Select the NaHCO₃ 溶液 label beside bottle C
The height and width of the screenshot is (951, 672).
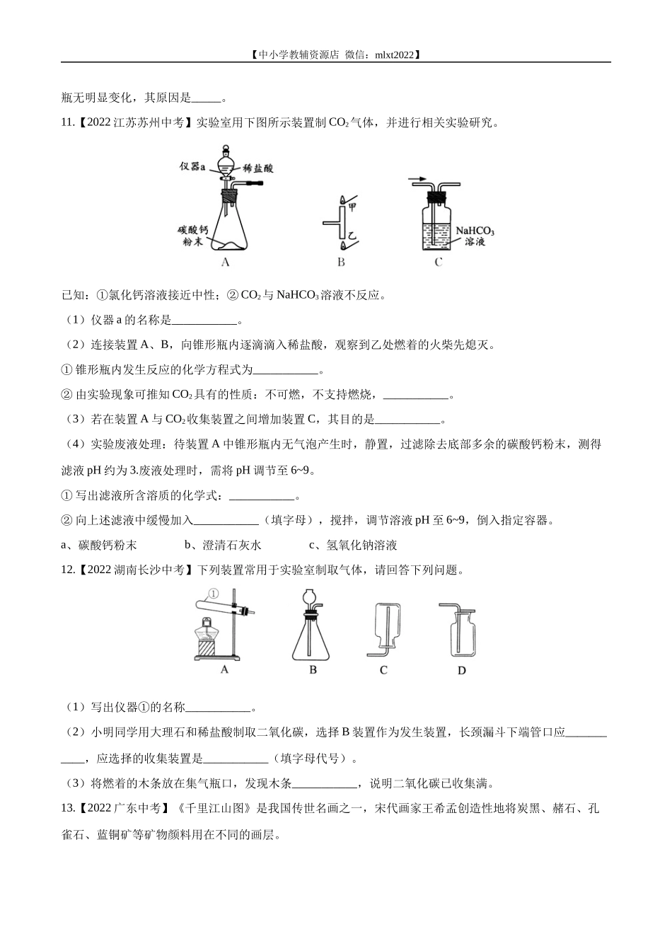[474, 236]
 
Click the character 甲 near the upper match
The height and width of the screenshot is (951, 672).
[352, 206]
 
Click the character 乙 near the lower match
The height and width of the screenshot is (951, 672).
[352, 233]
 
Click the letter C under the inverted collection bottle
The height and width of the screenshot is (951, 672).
[383, 669]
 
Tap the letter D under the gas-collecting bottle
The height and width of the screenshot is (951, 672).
[461, 670]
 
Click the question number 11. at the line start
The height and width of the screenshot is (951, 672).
[69, 122]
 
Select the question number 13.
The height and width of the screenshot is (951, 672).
[69, 808]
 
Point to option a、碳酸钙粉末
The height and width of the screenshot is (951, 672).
[100, 545]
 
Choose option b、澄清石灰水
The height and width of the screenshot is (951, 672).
[223, 545]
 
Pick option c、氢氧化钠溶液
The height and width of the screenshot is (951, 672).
[353, 545]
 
